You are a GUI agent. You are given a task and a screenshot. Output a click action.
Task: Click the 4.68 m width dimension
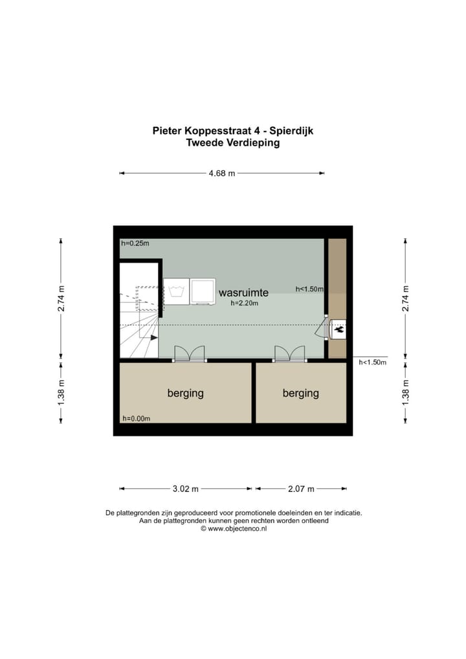(x=221, y=173)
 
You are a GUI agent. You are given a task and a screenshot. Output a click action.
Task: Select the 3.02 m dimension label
(x=185, y=489)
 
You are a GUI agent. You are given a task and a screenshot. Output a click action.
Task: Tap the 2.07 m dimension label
(x=301, y=489)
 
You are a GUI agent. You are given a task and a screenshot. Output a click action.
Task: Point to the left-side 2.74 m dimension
(x=61, y=298)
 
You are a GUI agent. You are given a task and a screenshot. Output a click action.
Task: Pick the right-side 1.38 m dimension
(x=406, y=392)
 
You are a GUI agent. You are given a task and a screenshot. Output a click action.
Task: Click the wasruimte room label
(x=243, y=293)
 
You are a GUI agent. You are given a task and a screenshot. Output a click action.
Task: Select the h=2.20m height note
(x=243, y=303)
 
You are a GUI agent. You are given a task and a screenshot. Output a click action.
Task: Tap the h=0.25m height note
(x=135, y=244)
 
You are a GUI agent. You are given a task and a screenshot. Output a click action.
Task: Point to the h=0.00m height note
(x=136, y=418)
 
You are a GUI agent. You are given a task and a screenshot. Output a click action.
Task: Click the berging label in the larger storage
(x=185, y=393)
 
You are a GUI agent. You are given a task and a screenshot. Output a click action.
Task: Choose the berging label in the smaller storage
(x=300, y=393)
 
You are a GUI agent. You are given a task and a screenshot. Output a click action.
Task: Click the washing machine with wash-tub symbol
(x=176, y=291)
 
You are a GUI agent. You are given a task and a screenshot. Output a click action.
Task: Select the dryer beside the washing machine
(x=203, y=291)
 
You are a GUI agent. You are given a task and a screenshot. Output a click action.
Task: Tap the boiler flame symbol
(x=338, y=329)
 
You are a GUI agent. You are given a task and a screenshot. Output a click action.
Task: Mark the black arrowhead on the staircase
(x=153, y=337)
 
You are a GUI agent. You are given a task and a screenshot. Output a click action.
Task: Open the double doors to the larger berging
(x=190, y=353)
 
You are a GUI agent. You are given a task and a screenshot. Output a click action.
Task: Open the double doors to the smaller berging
(x=289, y=353)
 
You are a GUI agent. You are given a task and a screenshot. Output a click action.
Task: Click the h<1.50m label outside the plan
(x=372, y=363)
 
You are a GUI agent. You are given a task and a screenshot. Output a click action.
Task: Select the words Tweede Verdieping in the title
(x=232, y=143)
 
